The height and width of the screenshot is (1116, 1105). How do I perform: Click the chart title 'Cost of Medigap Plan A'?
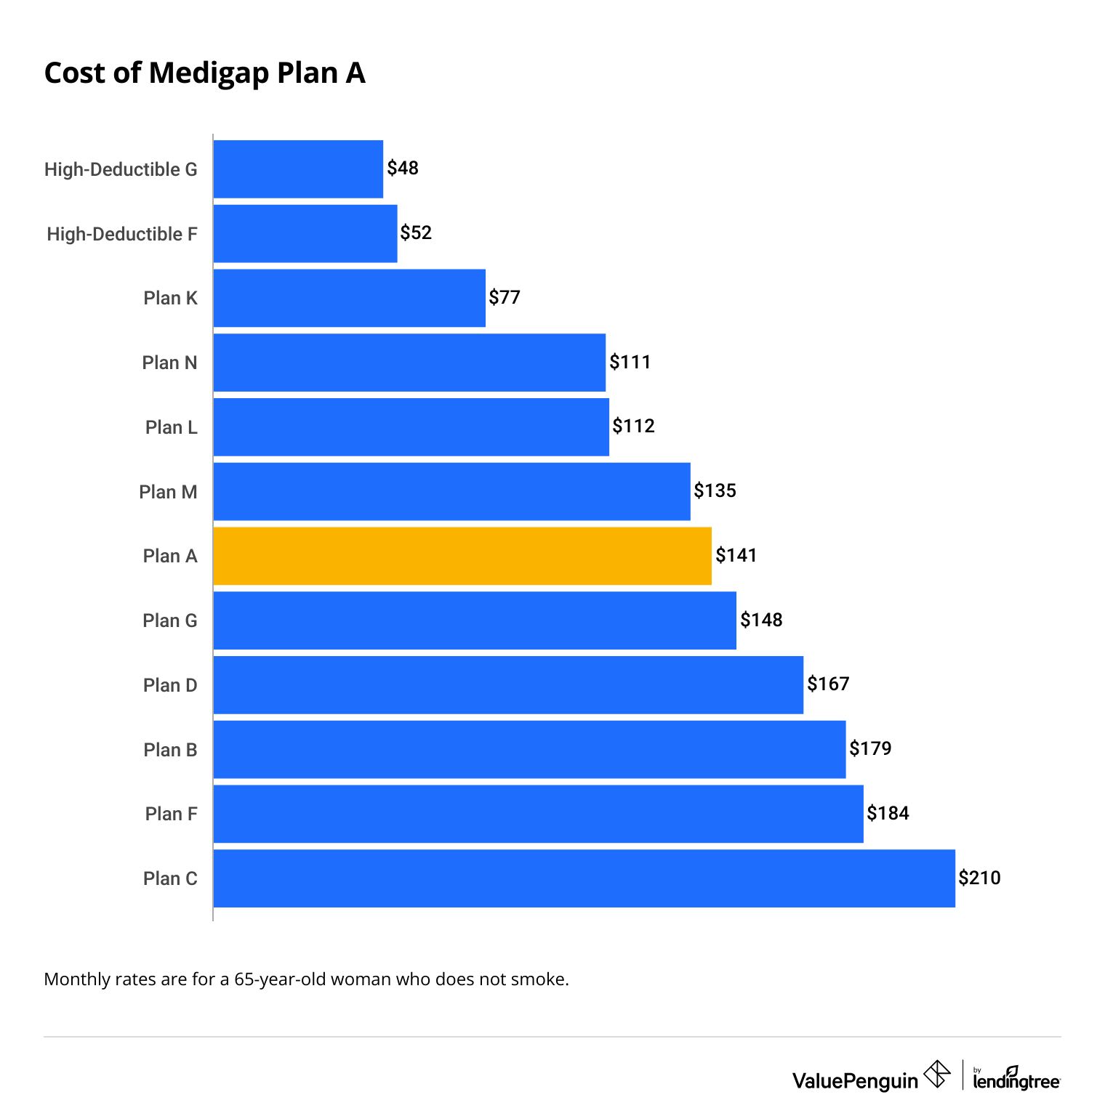pos(204,73)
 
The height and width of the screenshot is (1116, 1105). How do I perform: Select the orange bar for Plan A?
pos(462,556)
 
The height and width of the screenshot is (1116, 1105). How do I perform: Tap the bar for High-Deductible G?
pos(298,169)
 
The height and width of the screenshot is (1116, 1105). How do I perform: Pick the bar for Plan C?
pos(584,878)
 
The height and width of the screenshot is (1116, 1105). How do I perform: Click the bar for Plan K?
pos(349,298)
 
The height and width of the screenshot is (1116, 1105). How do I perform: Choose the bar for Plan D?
pos(508,685)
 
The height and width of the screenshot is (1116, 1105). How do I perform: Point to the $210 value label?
pos(979,878)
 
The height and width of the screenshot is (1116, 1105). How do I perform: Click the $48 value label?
pos(403,168)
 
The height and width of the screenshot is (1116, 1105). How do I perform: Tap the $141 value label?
pos(736,555)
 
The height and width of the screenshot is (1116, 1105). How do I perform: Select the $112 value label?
pos(633,426)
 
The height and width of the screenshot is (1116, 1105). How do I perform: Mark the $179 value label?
pos(870,748)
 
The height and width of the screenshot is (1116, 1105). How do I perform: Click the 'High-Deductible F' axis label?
pos(121,234)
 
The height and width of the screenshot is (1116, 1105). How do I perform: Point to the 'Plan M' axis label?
pos(168,492)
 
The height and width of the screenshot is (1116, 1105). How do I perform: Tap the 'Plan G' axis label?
pos(169,620)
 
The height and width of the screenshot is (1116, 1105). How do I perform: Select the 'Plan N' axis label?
pos(169,363)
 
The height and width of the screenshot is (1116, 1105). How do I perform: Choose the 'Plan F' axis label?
pos(171,814)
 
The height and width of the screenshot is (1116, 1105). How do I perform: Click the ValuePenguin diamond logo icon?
pos(937,1074)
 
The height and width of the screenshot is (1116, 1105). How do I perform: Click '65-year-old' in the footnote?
pos(280,979)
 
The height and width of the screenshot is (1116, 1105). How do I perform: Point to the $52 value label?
pos(416,232)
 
